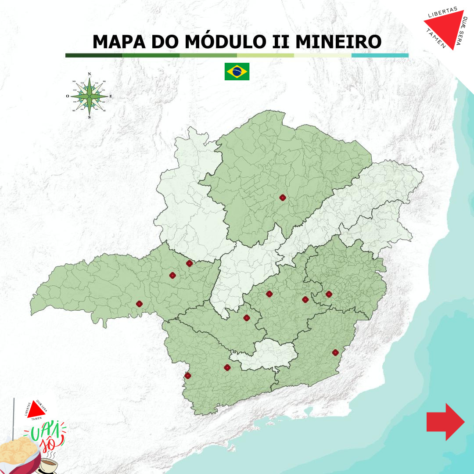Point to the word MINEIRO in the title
[x=338, y=42]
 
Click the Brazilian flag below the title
[x=237, y=71]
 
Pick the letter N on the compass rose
[x=90, y=74]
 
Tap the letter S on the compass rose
[x=90, y=117]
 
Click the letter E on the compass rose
[x=111, y=96]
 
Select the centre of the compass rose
[x=90, y=96]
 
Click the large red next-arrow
[x=445, y=421]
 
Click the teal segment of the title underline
[x=380, y=56]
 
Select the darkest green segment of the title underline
[x=94, y=56]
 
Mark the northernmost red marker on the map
[x=283, y=197]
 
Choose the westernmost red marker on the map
[x=139, y=304]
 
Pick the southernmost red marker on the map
[x=188, y=375]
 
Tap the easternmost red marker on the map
[x=335, y=352]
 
